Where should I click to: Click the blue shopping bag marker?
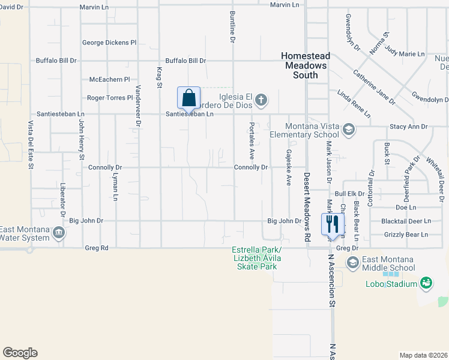pyautogui.click(x=188, y=98)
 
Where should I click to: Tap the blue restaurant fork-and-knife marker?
pyautogui.click(x=332, y=224)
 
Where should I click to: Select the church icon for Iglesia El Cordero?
pyautogui.click(x=261, y=98)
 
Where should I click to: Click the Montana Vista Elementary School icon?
pyautogui.click(x=348, y=130)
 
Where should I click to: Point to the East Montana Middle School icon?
pyautogui.click(x=352, y=262)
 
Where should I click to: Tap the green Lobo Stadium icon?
pyautogui.click(x=426, y=282)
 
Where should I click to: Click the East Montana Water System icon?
pyautogui.click(x=58, y=232)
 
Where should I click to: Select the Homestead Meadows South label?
pyautogui.click(x=305, y=65)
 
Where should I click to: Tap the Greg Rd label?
pyautogui.click(x=97, y=247)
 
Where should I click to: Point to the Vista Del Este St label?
pyautogui.click(x=30, y=145)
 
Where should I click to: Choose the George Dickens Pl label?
pyautogui.click(x=110, y=43)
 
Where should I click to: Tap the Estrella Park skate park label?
pyautogui.click(x=257, y=258)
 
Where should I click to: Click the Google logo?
pyautogui.click(x=20, y=353)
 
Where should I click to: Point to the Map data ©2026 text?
pyautogui.click(x=423, y=355)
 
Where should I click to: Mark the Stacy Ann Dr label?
pyautogui.click(x=408, y=127)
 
